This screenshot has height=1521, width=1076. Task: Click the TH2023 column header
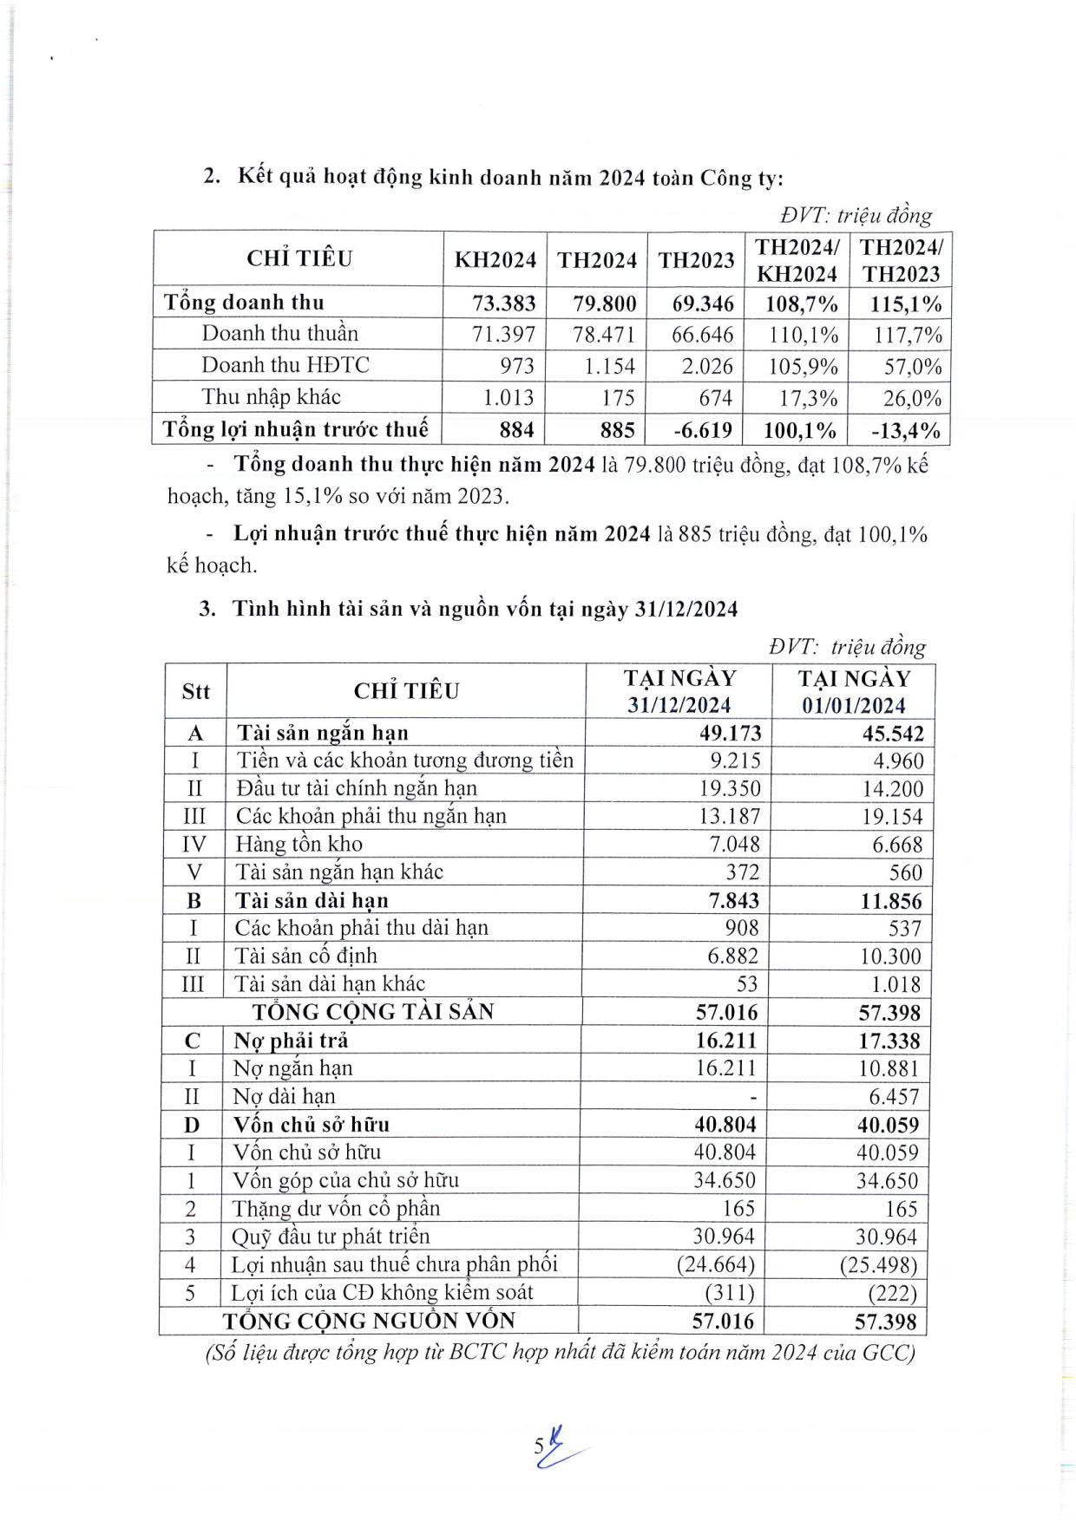pos(696,260)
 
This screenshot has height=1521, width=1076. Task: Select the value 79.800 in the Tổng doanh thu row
pos(604,304)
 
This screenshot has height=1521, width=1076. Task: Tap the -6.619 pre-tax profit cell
pos(703,430)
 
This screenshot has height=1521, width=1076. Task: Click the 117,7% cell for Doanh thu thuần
pos(907,336)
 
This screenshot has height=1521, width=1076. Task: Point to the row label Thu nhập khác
pos(271,397)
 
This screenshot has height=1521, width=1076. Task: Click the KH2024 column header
pos(495,260)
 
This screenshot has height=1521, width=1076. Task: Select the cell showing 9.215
pos(731,760)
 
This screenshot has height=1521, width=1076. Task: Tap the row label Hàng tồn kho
pos(299,844)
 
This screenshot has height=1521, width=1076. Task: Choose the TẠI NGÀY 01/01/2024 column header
pos(854,691)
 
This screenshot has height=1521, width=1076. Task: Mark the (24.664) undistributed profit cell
pos(716,1264)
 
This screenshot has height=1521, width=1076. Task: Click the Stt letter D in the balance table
pos(192,1126)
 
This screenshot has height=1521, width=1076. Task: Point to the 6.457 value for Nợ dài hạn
pos(894,1097)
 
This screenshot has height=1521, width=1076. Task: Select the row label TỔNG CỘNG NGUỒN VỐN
pos(369,1321)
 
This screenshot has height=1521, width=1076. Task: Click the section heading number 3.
pos(207,609)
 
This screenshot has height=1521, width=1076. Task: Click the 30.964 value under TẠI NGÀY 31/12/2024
pos(724,1237)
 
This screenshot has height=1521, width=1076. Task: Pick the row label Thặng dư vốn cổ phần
pos(336,1209)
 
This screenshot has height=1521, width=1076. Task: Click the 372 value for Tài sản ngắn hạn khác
pos(742,872)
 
